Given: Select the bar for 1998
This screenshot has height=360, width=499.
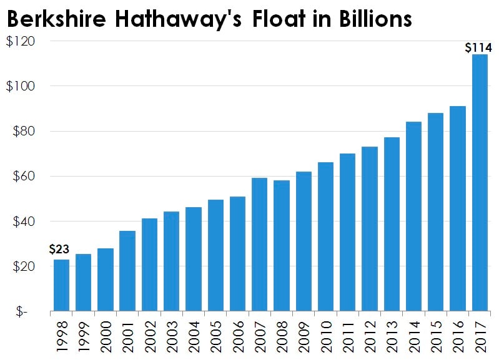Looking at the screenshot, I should coord(61,285).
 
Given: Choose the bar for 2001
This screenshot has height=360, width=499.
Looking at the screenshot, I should coord(127,270).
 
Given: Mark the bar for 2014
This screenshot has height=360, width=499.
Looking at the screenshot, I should coord(413,216).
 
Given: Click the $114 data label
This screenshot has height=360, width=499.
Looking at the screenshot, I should coord(480,47).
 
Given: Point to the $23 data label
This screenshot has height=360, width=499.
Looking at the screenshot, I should coord(59,250).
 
